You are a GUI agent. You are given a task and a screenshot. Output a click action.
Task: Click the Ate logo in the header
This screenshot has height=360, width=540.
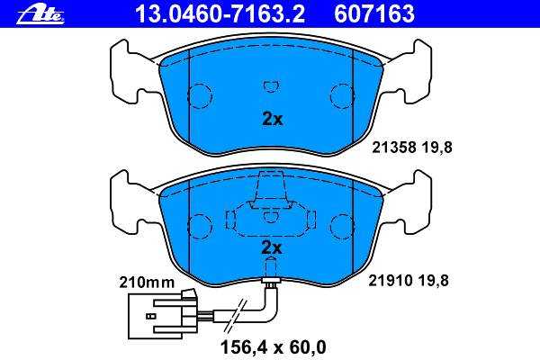[x=40, y=14]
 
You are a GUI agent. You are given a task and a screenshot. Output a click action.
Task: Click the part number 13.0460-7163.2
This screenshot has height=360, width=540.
[x=220, y=13]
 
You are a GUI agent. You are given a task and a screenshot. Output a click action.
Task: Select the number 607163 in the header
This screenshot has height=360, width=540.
[x=374, y=13]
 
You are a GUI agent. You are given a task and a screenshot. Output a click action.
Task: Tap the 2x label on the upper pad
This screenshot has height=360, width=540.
[x=273, y=119]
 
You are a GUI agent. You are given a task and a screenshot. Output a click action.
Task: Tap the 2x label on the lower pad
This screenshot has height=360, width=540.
[x=272, y=247]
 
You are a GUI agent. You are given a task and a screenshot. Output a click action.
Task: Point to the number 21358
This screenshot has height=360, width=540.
[x=394, y=148]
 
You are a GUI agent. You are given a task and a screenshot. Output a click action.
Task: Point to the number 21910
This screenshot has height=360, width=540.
[x=391, y=281]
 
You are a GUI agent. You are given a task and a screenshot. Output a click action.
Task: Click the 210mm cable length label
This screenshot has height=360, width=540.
[x=147, y=283]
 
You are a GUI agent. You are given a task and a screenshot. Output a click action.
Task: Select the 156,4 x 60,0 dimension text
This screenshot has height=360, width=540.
[x=273, y=347]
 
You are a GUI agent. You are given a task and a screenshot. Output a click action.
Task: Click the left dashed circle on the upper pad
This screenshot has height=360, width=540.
[x=200, y=96]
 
